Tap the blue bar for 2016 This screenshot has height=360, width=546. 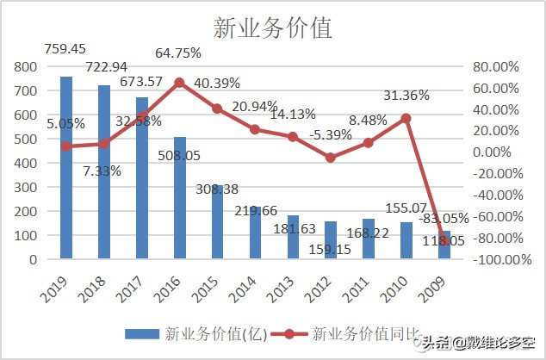[180, 197]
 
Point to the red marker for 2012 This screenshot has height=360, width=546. [332, 158]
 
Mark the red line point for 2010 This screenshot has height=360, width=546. [407, 118]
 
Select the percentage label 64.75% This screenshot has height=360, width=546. [178, 53]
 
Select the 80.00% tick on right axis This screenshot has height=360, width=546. [497, 66]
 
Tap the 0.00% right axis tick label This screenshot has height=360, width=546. [499, 152]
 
